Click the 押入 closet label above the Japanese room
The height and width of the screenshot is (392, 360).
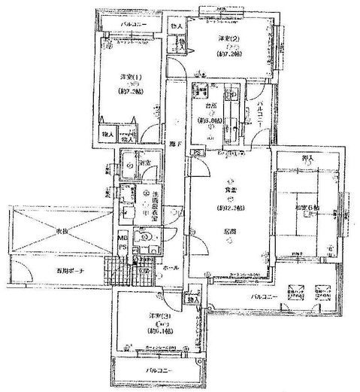coord(304,157)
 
